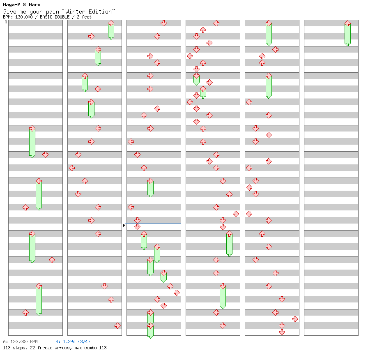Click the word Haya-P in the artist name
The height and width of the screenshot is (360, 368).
pyautogui.click(x=11, y=5)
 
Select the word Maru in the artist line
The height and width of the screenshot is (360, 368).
pyautogui.click(x=35, y=5)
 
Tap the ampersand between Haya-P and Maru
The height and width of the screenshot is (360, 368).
pyautogui.click(x=24, y=5)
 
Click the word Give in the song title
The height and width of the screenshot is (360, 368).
pyautogui.click(x=9, y=12)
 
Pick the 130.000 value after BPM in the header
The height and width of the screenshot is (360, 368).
pyautogui.click(x=24, y=17)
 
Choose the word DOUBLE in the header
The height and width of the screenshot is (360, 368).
pyautogui.click(x=62, y=17)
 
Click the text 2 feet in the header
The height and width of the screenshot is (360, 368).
pyautogui.click(x=84, y=17)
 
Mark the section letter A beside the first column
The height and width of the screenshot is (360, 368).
pyautogui.click(x=6, y=22)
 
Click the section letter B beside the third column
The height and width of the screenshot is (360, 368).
pyautogui.click(x=124, y=226)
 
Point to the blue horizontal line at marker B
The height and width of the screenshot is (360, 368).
pyautogui.click(x=153, y=224)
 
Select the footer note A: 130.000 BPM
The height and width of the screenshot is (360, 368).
pyautogui.click(x=20, y=342)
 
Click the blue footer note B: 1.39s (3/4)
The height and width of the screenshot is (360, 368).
pyautogui.click(x=73, y=342)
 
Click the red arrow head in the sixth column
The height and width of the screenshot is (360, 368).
pyautogui.click(x=347, y=23)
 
